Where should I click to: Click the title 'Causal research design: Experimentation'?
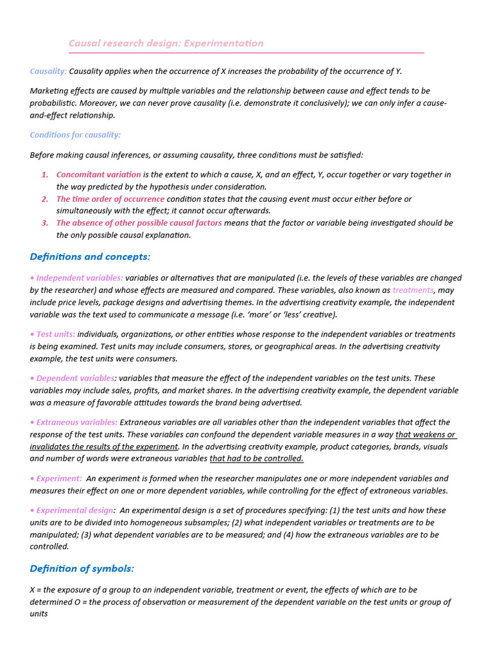click(166, 43)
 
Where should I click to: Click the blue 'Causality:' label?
click(48, 71)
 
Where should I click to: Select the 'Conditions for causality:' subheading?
click(75, 135)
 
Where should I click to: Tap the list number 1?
click(45, 175)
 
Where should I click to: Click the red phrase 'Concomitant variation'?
click(98, 175)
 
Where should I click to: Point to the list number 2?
click(45, 199)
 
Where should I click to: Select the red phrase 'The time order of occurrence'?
click(110, 199)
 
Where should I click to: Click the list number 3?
click(45, 223)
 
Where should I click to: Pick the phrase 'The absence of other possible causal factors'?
click(139, 223)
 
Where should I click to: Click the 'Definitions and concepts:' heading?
click(90, 256)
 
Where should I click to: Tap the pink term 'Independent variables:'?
click(79, 278)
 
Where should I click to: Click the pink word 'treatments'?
click(413, 290)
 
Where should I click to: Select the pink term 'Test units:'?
click(55, 334)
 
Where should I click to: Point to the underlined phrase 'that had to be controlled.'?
click(256, 459)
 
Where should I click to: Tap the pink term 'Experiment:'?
click(58, 479)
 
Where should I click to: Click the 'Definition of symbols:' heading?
click(82, 569)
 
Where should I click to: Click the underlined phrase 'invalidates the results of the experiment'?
click(103, 447)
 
